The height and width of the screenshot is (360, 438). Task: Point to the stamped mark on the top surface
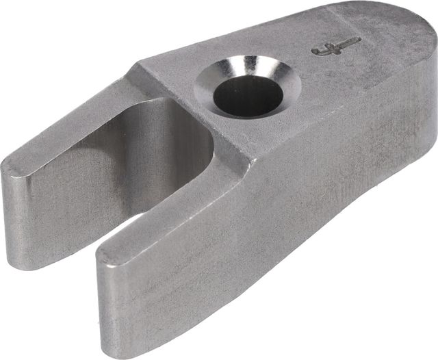335,47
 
